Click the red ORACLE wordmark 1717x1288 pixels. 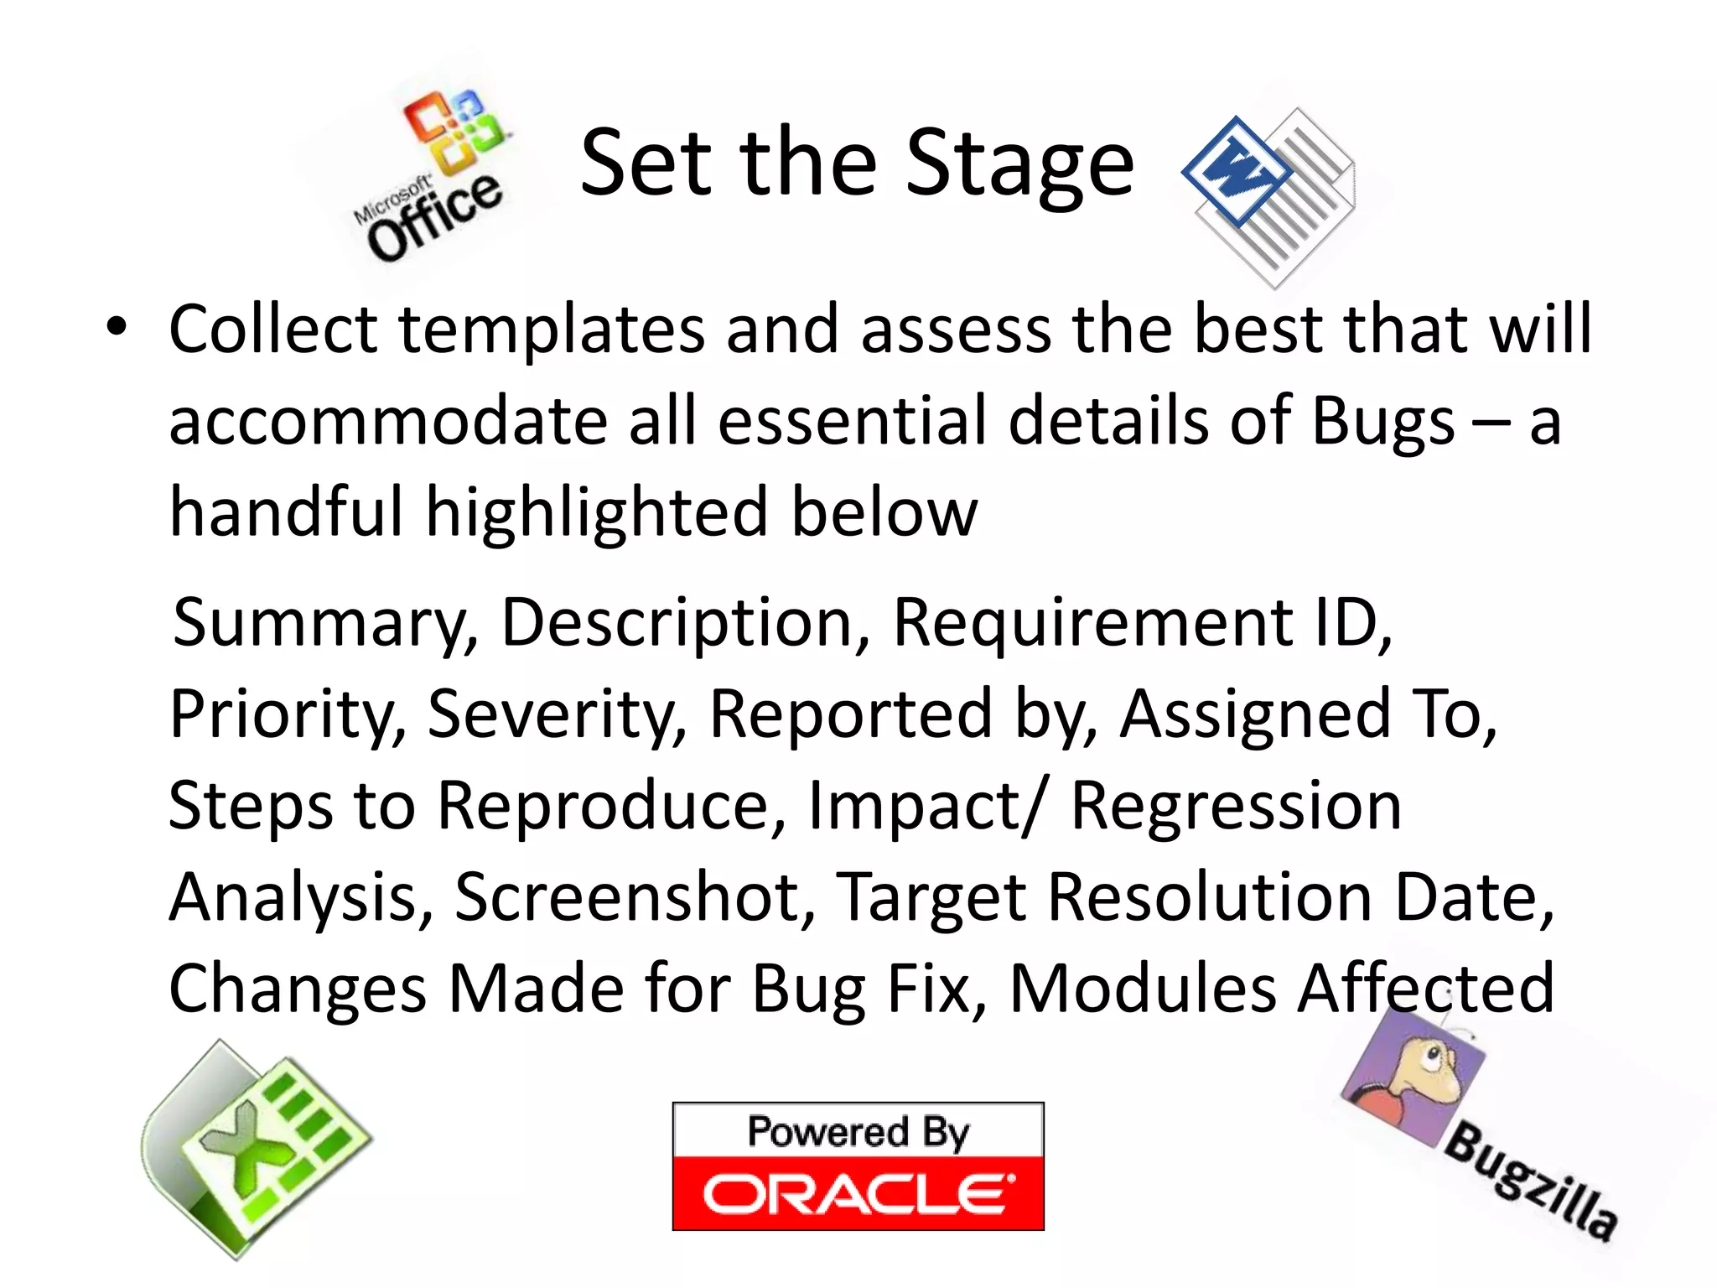[x=858, y=1194]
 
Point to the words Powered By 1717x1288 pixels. [x=858, y=1132]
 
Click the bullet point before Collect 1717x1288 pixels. [x=117, y=327]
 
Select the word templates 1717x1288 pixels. [x=552, y=330]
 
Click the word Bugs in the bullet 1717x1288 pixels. [x=1382, y=422]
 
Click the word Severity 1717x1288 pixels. [x=557, y=714]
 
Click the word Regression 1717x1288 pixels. [x=1236, y=806]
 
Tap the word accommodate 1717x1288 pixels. [x=388, y=420]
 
